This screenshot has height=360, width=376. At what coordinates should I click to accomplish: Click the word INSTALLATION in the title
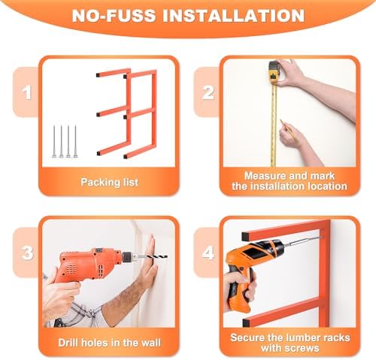click(234, 16)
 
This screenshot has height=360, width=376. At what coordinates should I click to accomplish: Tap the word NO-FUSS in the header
click(114, 16)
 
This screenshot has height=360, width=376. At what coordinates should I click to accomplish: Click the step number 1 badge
click(26, 92)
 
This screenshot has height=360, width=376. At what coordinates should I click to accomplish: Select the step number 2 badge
click(208, 92)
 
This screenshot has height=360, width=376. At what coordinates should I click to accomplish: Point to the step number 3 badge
click(27, 253)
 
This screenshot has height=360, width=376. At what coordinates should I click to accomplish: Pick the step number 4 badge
click(208, 253)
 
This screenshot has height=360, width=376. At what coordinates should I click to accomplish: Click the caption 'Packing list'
click(109, 182)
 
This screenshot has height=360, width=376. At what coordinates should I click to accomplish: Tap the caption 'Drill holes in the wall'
click(109, 343)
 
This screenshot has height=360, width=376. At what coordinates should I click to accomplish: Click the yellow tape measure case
click(274, 72)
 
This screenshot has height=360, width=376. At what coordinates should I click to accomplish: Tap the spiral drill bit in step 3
click(152, 256)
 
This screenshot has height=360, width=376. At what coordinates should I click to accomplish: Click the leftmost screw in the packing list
click(54, 141)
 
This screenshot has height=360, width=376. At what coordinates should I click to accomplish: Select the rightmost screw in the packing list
click(75, 141)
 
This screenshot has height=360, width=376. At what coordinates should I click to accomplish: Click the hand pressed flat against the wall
click(148, 261)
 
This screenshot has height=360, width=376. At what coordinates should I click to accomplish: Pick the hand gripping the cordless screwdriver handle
click(238, 288)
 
